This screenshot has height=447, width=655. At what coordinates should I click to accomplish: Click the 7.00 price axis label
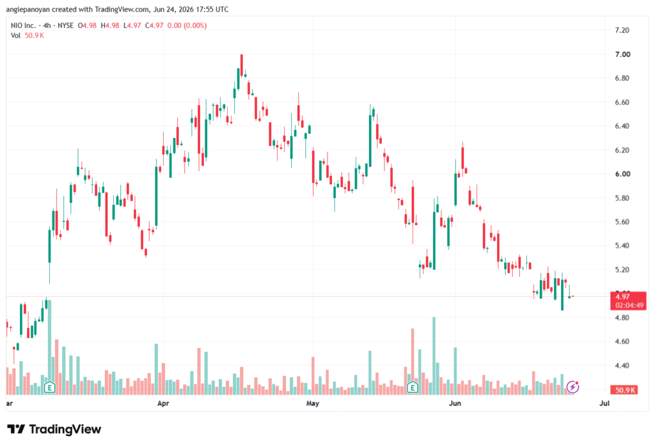pyautogui.click(x=622, y=54)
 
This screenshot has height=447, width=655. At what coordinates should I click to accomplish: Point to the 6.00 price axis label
pyautogui.click(x=622, y=174)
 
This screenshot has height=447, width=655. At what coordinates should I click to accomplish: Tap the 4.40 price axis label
pyautogui.click(x=622, y=366)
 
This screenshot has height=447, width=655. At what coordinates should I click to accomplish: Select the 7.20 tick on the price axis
pyautogui.click(x=622, y=30)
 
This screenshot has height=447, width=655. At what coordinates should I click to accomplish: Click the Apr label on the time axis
pyautogui.click(x=163, y=403)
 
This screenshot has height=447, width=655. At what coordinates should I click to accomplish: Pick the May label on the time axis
pyautogui.click(x=312, y=403)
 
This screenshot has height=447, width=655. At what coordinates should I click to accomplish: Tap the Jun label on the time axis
pyautogui.click(x=455, y=403)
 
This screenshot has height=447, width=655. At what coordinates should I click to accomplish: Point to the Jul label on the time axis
pyautogui.click(x=604, y=403)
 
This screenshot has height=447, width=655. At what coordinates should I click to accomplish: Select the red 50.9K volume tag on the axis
pyautogui.click(x=624, y=390)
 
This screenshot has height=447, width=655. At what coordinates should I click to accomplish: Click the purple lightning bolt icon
pyautogui.click(x=572, y=387)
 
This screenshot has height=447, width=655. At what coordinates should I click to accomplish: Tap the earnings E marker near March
pyautogui.click(x=50, y=388)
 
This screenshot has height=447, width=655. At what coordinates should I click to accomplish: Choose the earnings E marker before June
pyautogui.click(x=413, y=388)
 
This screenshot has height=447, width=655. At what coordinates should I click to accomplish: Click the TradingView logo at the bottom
pyautogui.click(x=54, y=429)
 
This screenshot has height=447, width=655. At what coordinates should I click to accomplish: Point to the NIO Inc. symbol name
pyautogui.click(x=24, y=26)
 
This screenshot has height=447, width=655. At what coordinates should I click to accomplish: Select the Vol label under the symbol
pyautogui.click(x=15, y=36)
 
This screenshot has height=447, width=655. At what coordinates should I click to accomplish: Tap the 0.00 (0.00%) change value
pyautogui.click(x=187, y=26)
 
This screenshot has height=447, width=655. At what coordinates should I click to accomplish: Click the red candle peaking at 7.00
pyautogui.click(x=241, y=65)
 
